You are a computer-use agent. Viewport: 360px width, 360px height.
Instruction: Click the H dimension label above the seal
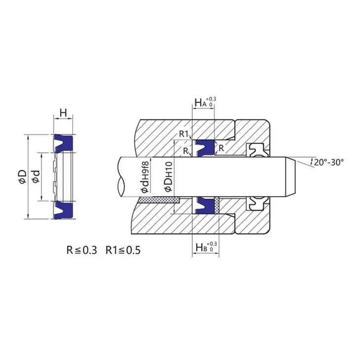point(63,113)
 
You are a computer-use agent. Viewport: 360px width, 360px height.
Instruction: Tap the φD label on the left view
point(23,177)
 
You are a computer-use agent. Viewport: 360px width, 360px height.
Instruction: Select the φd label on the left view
point(36,177)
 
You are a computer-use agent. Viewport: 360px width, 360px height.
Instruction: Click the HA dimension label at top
point(205,103)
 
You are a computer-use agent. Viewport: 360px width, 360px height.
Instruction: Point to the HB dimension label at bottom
point(206,247)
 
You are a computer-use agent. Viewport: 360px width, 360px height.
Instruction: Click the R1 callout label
point(183,134)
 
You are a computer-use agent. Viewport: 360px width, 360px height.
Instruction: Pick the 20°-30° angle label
point(329,162)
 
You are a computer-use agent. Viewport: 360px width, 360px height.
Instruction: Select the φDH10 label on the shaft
point(168,177)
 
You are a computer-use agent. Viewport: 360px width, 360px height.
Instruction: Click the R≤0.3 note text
point(82,250)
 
